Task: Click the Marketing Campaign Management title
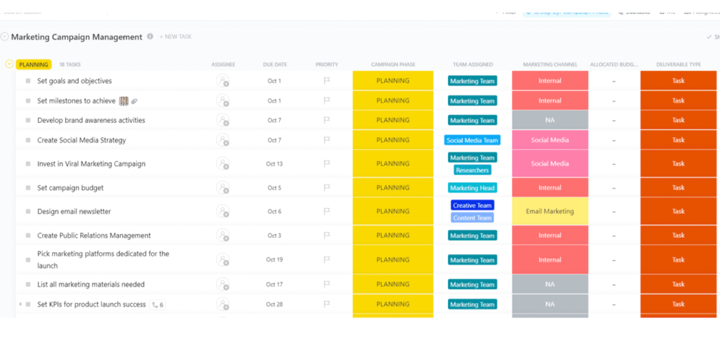(x=77, y=37)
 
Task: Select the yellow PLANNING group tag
(x=34, y=65)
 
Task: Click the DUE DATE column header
(x=274, y=65)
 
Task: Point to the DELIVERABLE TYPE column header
(x=678, y=65)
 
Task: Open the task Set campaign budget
(x=70, y=188)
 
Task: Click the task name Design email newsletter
(x=74, y=212)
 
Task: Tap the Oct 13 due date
(x=274, y=164)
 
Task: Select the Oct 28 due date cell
(x=274, y=304)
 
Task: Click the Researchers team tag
(x=472, y=170)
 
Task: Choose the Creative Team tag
(x=472, y=205)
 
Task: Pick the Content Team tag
(x=472, y=218)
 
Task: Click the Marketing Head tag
(x=472, y=188)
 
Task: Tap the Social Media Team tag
(x=472, y=140)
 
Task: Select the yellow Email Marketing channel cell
(x=550, y=212)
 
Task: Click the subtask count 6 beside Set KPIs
(x=158, y=305)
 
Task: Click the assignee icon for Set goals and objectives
(x=223, y=81)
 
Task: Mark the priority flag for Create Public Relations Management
(x=326, y=236)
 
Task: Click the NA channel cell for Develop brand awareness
(x=550, y=120)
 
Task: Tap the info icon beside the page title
(x=150, y=37)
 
